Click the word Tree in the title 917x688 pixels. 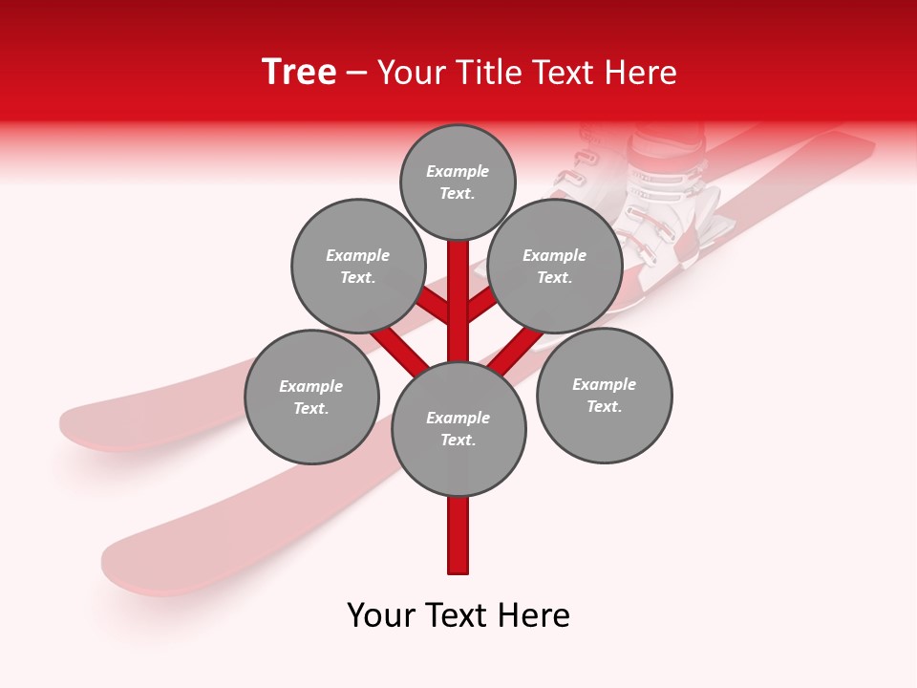point(299,73)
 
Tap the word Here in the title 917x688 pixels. point(641,73)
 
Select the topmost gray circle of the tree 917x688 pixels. point(458,182)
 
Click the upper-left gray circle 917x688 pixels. point(357,266)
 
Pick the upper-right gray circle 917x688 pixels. point(555,266)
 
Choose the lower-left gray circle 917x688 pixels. point(311,397)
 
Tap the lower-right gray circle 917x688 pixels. point(604,395)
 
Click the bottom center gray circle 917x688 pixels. point(458,428)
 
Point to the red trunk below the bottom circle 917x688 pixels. point(458,535)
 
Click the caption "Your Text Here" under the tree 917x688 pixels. point(458,615)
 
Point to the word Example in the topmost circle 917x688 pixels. point(458,171)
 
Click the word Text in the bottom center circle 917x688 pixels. point(457,440)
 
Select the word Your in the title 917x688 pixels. point(412,73)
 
